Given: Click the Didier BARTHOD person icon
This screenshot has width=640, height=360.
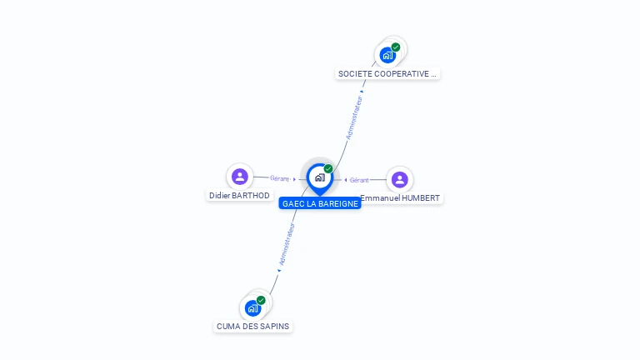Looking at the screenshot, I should pos(240,176).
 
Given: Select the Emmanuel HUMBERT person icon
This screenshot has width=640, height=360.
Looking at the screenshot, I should pos(399,179).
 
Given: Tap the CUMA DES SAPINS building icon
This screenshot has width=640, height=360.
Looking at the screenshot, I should pos(252,307).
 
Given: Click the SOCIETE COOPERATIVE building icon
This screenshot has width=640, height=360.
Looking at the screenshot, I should pos(387,55).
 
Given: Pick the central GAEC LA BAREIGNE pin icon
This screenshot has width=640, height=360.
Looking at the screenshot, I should pos(319,177).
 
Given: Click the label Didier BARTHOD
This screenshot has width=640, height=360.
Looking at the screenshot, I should pos(239,195).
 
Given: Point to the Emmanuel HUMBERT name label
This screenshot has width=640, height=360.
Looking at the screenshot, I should pos(401,198).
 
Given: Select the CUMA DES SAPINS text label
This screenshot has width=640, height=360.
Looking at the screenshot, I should pos(252,326).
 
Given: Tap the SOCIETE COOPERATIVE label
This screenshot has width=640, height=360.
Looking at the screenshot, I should pos(387,73).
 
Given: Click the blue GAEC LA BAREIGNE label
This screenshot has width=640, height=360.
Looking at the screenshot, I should pos(320,203).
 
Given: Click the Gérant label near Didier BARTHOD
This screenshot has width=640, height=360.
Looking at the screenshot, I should pos(279,178).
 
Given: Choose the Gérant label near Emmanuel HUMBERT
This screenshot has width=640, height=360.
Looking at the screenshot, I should pos(359,180).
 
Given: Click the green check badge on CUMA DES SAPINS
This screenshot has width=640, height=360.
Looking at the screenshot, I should pos(261,300).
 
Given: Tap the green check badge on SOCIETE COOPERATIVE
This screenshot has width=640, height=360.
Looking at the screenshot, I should pos(396,47).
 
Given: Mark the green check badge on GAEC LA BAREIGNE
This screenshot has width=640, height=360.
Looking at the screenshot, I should pos(328,169).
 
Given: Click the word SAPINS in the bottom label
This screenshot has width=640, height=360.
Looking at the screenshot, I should pos(274,326).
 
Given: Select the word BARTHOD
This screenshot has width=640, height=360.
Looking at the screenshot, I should pos(252,195).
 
